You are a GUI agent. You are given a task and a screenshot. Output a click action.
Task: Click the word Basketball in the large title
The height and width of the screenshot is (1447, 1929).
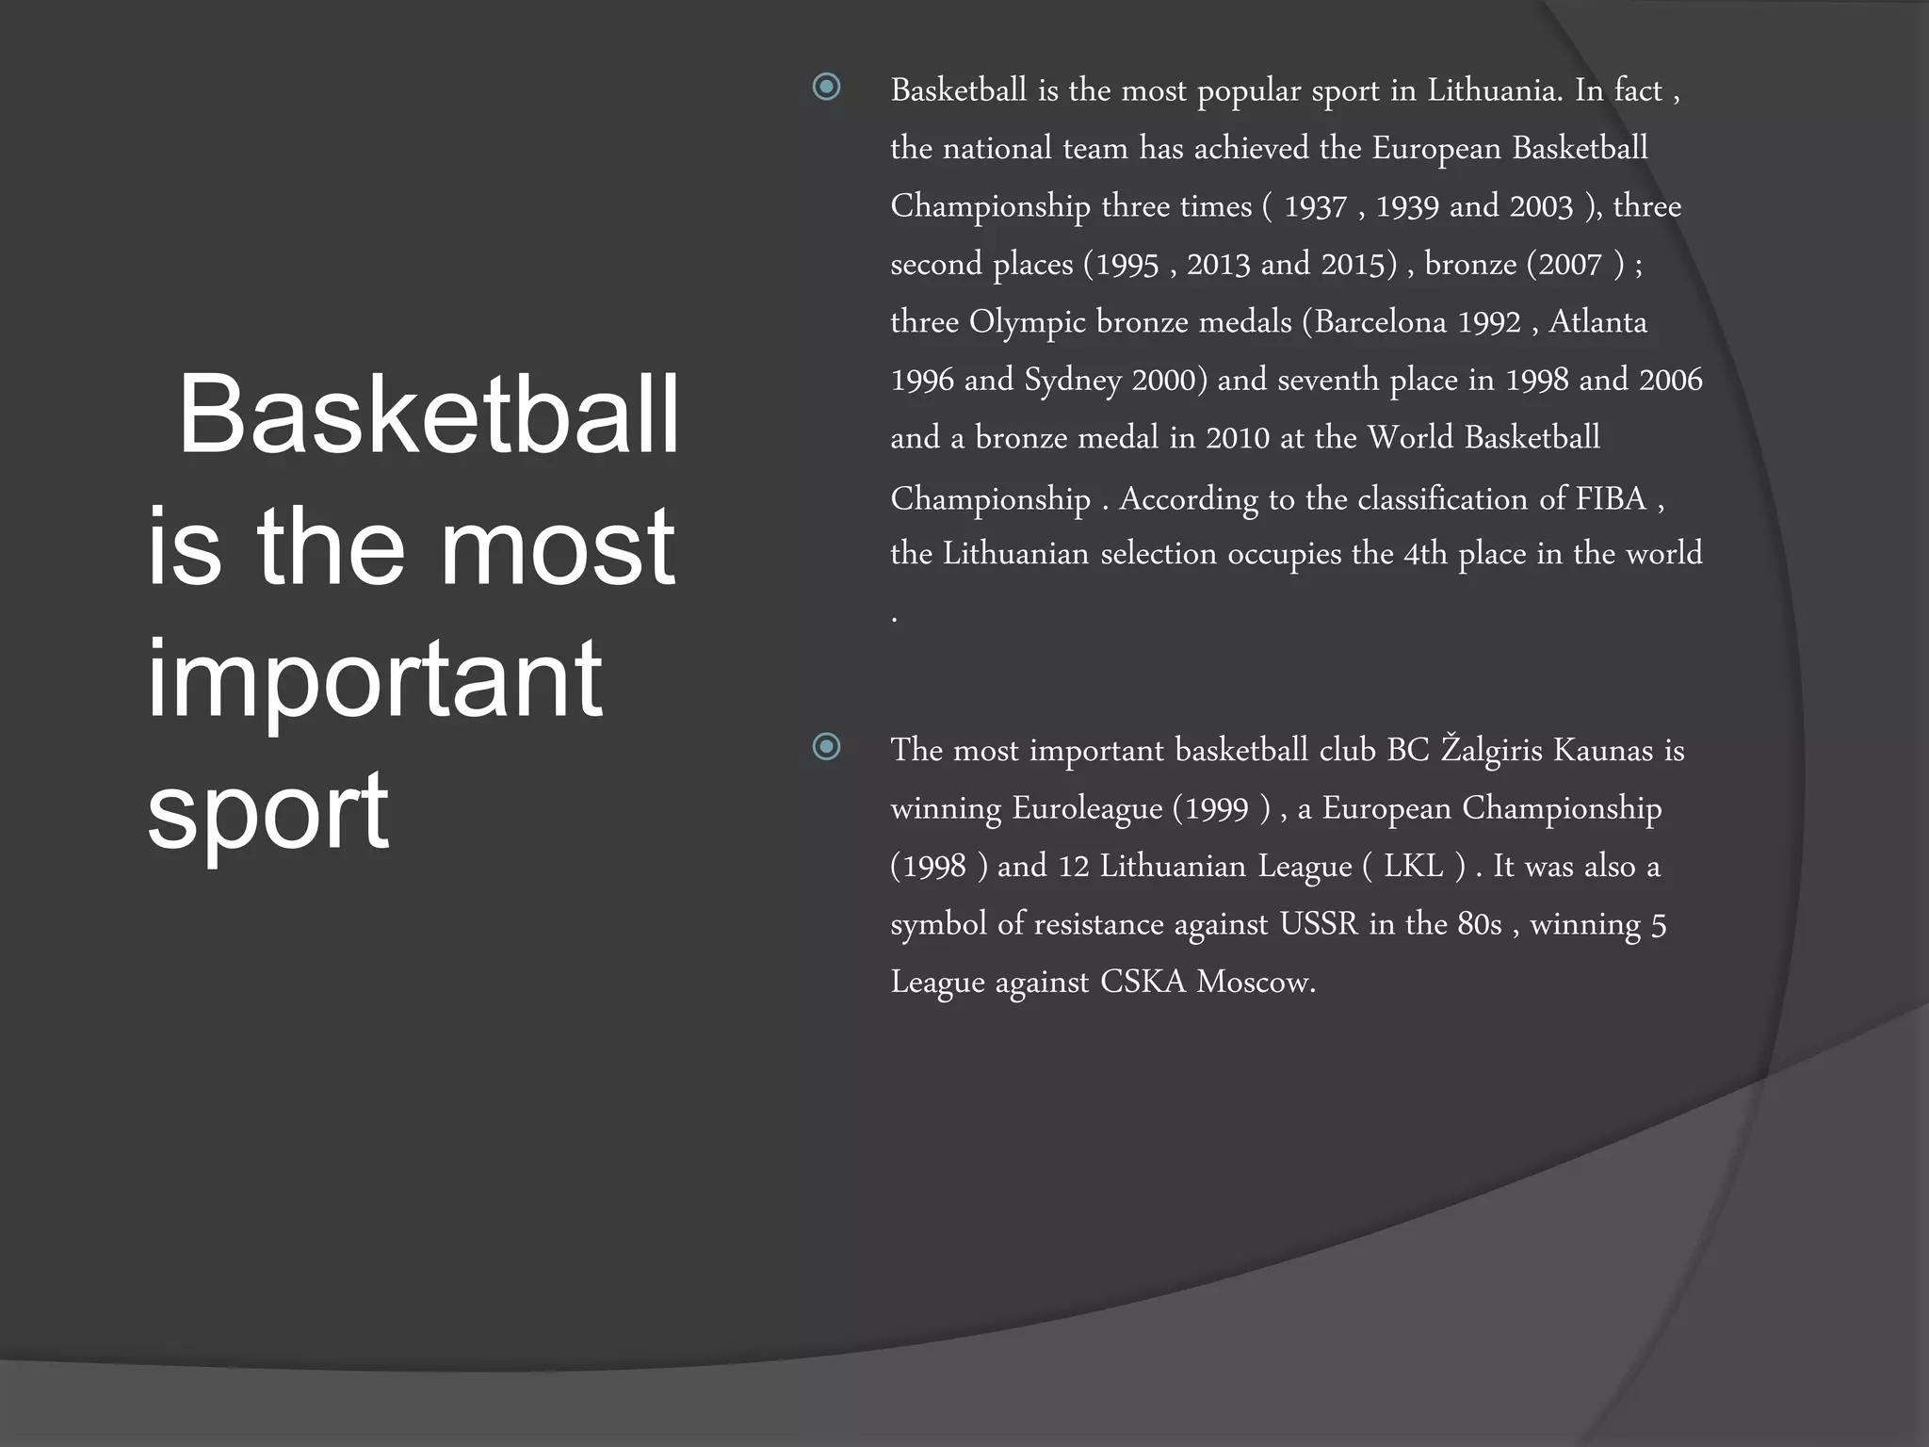click(429, 415)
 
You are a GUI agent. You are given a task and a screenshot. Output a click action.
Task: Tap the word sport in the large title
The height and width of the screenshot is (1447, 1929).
click(267, 810)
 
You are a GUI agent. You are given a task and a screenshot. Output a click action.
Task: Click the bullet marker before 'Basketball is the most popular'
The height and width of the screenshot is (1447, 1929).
click(826, 88)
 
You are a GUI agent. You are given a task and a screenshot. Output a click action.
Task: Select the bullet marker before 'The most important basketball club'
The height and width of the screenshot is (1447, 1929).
click(826, 747)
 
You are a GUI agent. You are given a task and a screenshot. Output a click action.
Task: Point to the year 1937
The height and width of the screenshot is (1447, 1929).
click(1316, 207)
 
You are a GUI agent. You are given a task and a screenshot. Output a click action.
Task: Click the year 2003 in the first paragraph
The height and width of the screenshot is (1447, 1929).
click(1541, 207)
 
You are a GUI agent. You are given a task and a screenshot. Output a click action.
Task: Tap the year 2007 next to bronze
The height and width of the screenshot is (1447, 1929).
click(1570, 265)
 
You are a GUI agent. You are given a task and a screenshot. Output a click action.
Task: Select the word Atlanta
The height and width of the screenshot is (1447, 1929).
click(1598, 322)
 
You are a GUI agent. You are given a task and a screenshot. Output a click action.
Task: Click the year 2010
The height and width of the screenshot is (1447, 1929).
click(1238, 438)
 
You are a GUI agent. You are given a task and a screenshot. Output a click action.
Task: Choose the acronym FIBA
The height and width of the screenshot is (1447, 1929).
click(1611, 498)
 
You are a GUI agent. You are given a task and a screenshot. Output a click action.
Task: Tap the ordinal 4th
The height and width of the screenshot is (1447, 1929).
click(1425, 554)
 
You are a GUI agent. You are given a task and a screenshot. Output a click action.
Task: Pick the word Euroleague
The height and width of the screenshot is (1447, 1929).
click(1087, 808)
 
